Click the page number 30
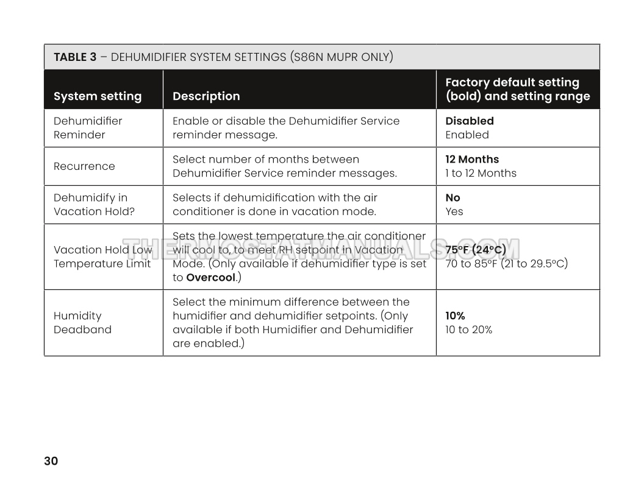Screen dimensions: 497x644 51,461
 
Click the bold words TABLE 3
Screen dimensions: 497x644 75,57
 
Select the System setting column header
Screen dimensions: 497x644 98,96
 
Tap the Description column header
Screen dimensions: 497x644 206,96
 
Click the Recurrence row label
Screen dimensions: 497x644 84,166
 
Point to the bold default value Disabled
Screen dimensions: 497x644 470,121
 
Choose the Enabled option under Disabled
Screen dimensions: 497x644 467,135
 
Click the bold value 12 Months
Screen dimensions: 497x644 472,160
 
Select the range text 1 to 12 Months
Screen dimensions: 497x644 481,173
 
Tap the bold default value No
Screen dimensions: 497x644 453,198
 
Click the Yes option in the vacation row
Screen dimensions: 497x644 454,211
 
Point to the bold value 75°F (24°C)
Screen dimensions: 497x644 476,250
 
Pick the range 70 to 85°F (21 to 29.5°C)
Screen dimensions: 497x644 506,264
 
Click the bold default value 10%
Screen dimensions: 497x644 455,316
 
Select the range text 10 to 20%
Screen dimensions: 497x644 468,330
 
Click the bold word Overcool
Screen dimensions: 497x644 210,278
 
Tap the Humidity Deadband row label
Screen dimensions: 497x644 83,323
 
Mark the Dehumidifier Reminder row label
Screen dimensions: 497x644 88,128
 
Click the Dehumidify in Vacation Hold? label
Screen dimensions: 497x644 94,205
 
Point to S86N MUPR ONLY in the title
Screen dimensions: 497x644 341,57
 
